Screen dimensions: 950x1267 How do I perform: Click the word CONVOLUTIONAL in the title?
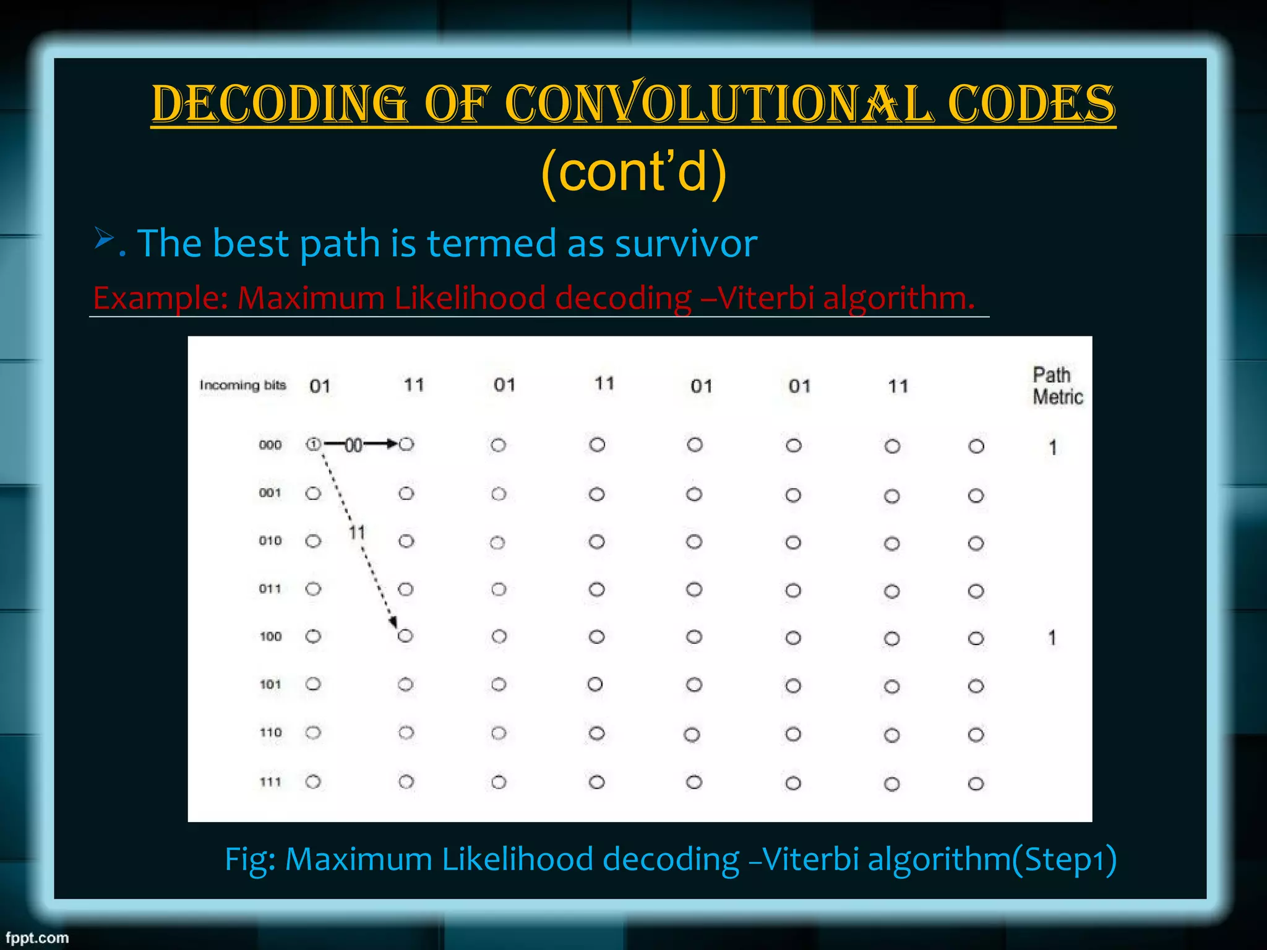pos(720,103)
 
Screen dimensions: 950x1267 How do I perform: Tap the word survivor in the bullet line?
pos(685,243)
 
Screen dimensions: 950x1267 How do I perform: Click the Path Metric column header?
pos(1057,385)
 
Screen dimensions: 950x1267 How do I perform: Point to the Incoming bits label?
pos(243,385)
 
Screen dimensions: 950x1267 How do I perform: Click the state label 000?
pos(270,445)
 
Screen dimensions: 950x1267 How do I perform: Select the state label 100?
pos(270,636)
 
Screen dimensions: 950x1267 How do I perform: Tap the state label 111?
pos(270,782)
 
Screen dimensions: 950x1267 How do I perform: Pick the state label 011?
pos(270,588)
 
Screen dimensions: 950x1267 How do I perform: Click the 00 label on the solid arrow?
pos(353,445)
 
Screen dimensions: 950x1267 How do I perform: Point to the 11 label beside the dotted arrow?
pos(357,532)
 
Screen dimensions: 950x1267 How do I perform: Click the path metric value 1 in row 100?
pos(1052,638)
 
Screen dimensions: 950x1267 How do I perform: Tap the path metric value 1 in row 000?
pos(1052,447)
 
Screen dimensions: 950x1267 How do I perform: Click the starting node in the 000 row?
pos(314,444)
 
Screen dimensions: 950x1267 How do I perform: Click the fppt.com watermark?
pos(37,938)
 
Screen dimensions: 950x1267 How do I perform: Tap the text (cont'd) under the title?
pos(633,172)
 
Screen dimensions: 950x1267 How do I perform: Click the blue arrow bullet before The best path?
pos(104,237)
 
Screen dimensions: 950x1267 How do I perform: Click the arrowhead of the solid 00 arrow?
pos(392,443)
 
